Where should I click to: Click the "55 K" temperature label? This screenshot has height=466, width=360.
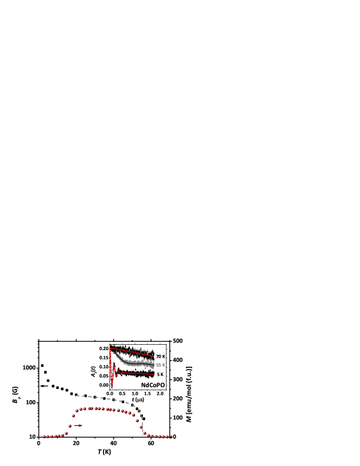161,365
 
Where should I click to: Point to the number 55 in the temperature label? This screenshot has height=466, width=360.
158,365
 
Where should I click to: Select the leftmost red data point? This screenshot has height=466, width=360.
44,437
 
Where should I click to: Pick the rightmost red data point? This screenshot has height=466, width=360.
171,437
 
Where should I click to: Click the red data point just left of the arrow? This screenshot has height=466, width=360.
70,426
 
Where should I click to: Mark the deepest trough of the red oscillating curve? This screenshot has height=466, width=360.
112,384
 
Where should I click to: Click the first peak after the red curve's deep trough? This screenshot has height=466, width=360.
114,366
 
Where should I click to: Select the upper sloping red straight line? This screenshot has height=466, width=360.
132,352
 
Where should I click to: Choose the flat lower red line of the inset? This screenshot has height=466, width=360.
135,373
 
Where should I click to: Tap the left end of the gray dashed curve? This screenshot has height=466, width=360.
76,395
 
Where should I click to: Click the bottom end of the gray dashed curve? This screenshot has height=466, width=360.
143,434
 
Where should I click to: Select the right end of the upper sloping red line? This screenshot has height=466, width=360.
154,356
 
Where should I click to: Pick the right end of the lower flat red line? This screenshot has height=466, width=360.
154,374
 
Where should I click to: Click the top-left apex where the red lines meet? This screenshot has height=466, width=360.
110,348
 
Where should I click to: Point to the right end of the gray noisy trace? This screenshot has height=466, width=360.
154,365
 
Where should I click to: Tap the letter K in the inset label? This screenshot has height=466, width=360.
164,365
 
